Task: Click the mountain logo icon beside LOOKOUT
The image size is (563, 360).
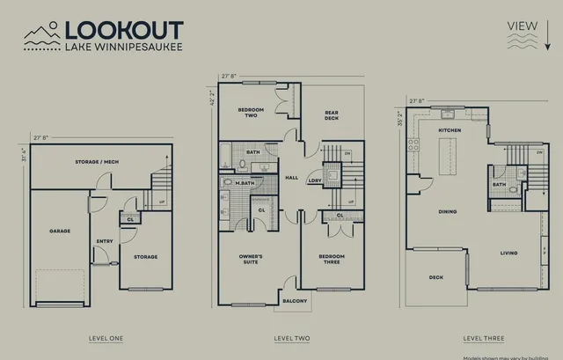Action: [41, 35]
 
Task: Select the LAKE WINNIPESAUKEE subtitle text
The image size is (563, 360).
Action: [124, 46]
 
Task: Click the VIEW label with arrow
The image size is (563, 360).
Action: [523, 26]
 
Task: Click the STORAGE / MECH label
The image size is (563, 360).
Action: [86, 163]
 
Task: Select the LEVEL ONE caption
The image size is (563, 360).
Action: [106, 338]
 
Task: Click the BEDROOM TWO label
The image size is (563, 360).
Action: [252, 113]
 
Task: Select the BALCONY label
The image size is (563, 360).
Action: [295, 301]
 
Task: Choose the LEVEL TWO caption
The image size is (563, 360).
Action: [292, 338]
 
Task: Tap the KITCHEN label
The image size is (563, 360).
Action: [450, 130]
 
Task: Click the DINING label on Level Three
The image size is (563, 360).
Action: [448, 210]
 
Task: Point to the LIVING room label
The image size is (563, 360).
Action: [508, 253]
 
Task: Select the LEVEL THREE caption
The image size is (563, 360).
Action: [482, 338]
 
